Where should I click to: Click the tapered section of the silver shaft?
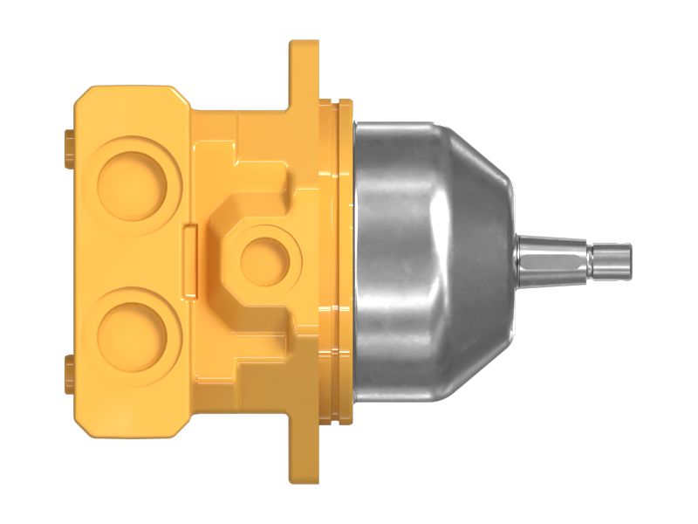coord(550,258)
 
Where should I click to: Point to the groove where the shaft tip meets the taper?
coord(591,258)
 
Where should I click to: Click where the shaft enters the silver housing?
coord(515,258)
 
